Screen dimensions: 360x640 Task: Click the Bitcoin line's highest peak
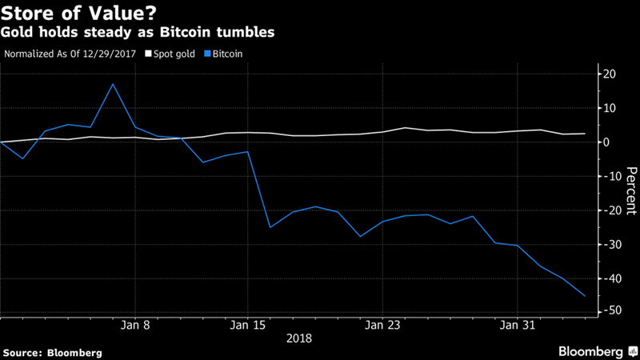113,84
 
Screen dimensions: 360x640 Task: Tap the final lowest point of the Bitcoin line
585,296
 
